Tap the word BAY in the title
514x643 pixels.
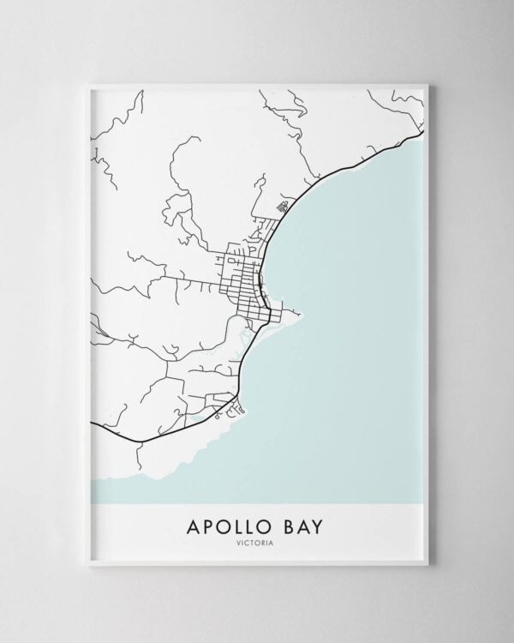pos(301,526)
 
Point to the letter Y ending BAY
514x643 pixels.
pos(318,526)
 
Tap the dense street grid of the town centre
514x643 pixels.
pos(242,279)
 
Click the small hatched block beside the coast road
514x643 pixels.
pos(284,206)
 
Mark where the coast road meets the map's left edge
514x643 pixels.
pos(92,423)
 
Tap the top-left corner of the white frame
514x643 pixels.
pos(88,84)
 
